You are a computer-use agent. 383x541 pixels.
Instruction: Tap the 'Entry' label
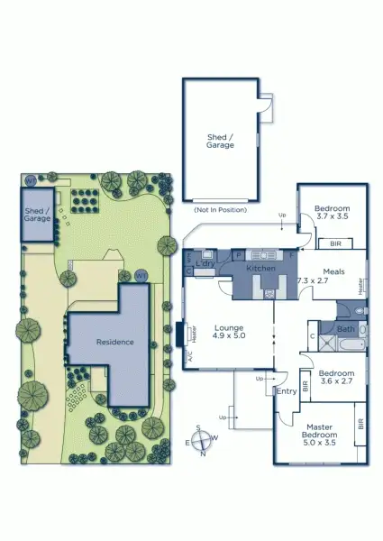tap(287, 391)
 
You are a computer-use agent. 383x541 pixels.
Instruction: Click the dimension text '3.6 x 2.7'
tap(335, 382)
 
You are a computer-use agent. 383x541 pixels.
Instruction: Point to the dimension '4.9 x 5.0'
tap(229, 336)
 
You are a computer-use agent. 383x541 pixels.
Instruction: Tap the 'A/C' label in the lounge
tap(190, 357)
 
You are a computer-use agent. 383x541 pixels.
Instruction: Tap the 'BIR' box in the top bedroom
tap(335, 243)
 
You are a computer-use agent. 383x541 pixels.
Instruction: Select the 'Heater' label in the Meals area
tap(361, 286)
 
